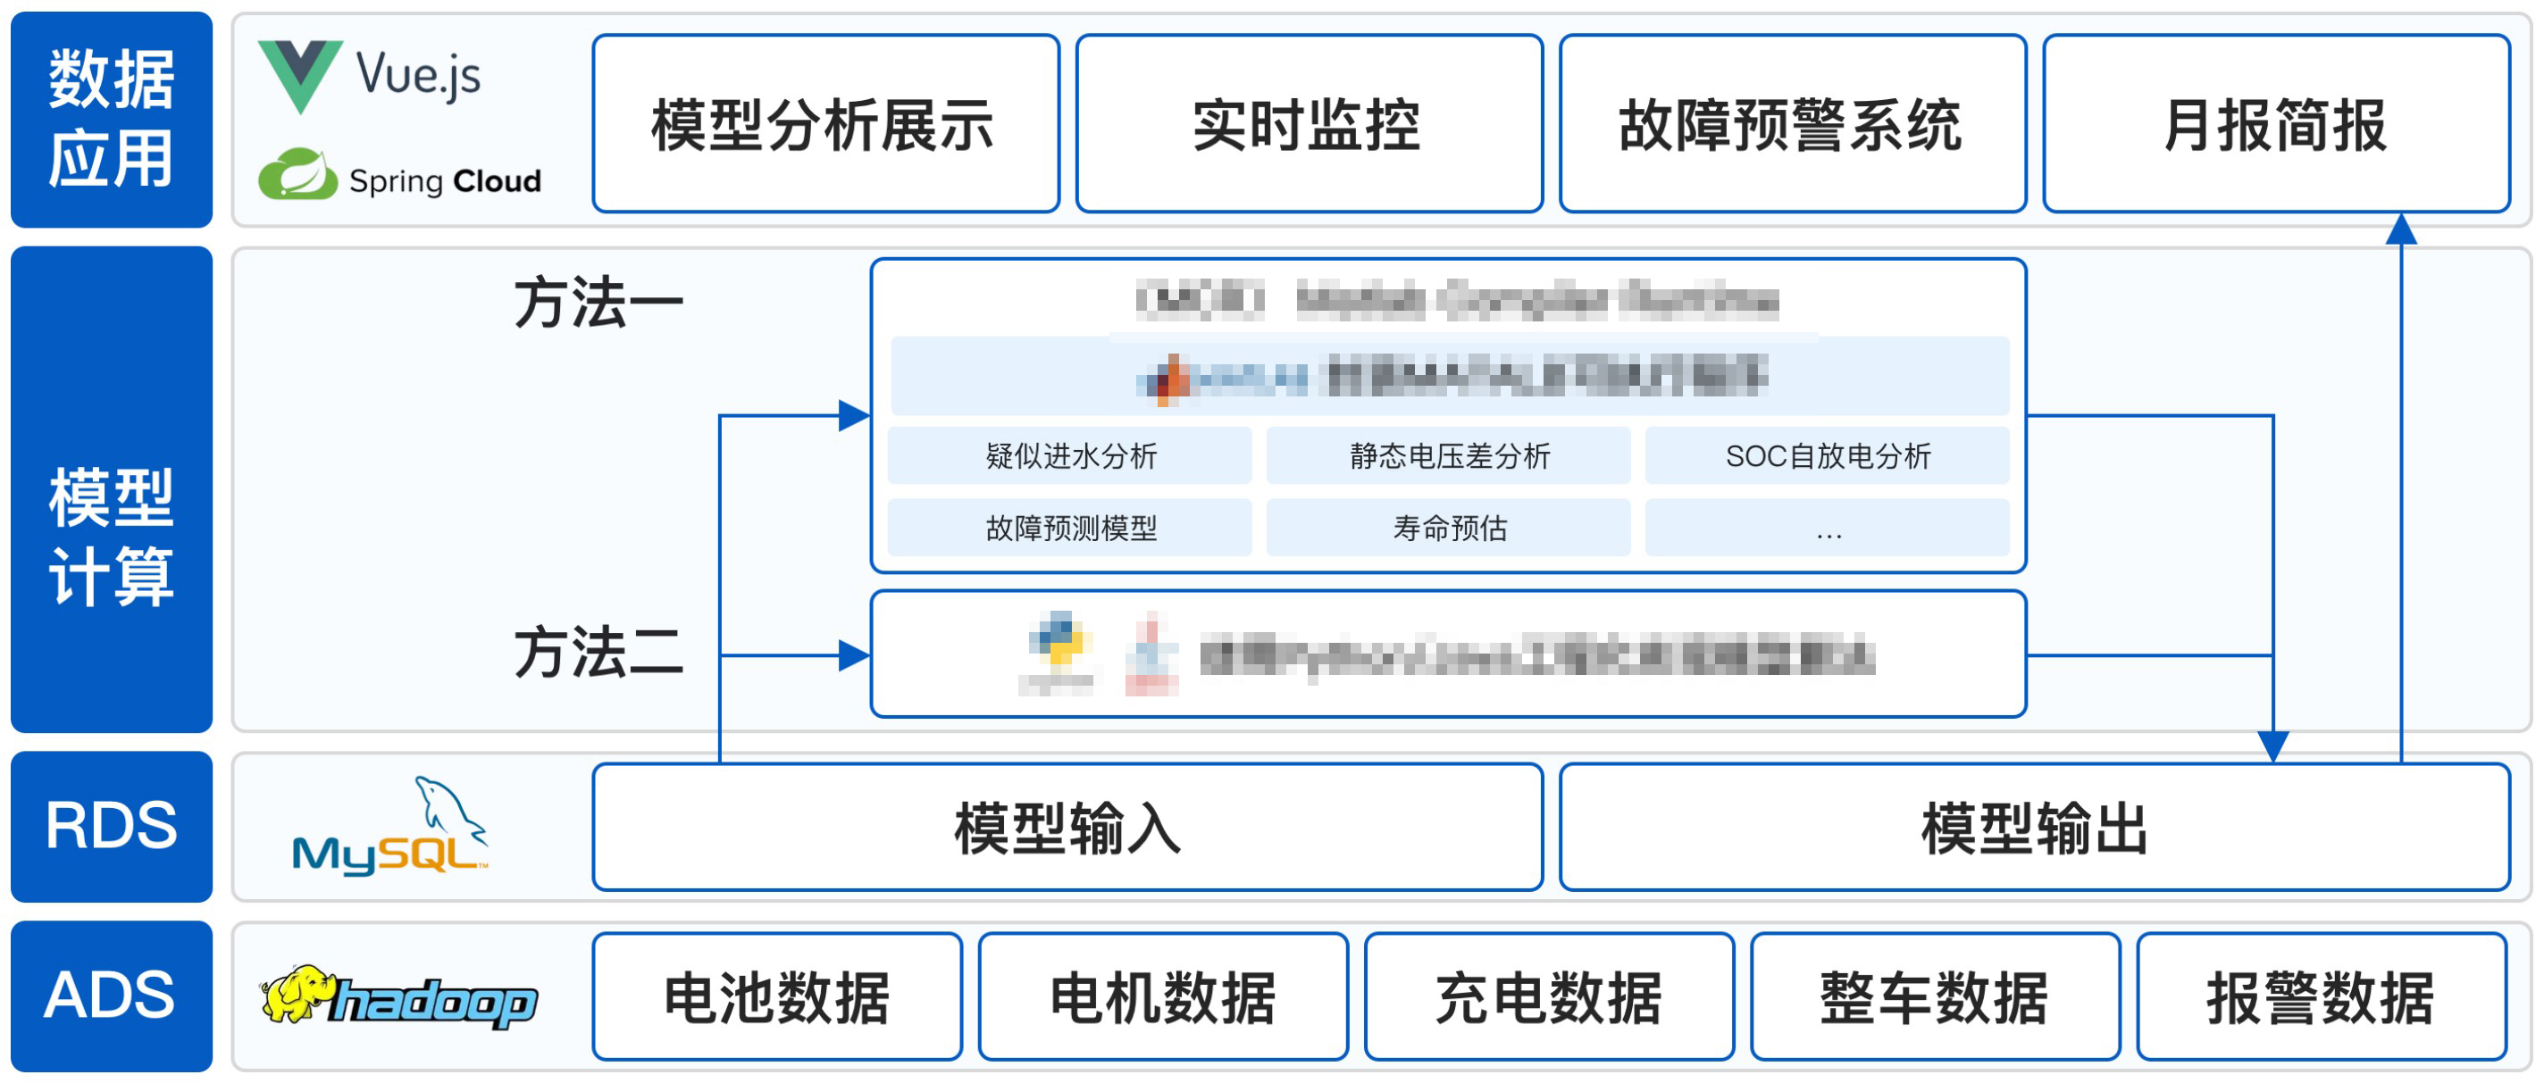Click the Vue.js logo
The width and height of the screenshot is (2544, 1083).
[x=300, y=75]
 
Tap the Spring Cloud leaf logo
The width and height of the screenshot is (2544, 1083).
[x=297, y=175]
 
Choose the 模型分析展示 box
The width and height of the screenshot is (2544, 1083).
[x=825, y=124]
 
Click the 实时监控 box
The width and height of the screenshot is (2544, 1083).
[x=1309, y=124]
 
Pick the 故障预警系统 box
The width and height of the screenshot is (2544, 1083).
[x=1793, y=124]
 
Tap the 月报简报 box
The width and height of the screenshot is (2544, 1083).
[x=2276, y=124]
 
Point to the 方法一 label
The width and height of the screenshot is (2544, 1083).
[x=598, y=302]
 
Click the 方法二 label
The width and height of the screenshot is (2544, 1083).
[x=598, y=653]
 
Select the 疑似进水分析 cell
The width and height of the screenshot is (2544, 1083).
[x=1069, y=456]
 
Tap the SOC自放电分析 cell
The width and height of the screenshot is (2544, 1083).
[x=1827, y=456]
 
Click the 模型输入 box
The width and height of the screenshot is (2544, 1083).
[x=1067, y=828]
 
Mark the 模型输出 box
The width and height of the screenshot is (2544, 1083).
[x=2035, y=828]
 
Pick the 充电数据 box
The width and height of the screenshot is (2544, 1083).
[x=1549, y=997]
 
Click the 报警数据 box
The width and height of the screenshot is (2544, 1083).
[x=2321, y=997]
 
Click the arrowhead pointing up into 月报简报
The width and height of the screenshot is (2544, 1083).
[x=2401, y=230]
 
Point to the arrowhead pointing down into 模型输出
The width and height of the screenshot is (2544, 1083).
[x=2273, y=746]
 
